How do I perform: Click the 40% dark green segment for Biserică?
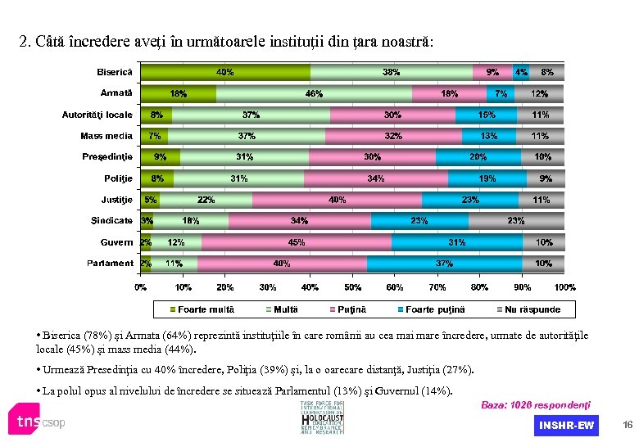225,72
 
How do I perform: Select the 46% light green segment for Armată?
314,93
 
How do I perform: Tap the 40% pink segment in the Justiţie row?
337,200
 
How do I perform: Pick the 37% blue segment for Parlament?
444,264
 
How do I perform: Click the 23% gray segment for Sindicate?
516,221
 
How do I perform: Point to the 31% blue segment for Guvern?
457,242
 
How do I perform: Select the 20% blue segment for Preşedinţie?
478,157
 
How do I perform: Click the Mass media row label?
106,136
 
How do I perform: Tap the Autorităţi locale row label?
97,115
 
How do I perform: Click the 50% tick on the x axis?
352,287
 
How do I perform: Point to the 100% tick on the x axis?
564,287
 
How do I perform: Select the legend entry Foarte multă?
202,309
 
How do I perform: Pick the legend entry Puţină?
353,309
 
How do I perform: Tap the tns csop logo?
38,422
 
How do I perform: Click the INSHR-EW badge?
566,425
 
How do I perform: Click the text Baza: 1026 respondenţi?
535,405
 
